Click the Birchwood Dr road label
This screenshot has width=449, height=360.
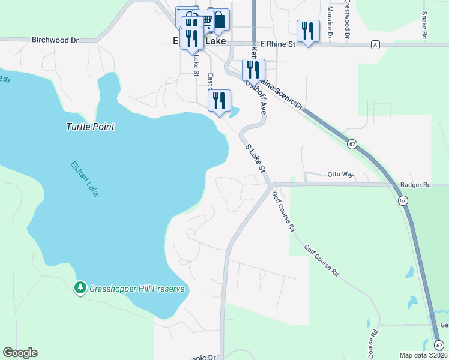click(x=55, y=40)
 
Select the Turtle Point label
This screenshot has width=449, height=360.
click(x=90, y=127)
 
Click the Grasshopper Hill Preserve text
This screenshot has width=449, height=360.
click(x=136, y=289)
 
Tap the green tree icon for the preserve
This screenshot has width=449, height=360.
click(x=80, y=288)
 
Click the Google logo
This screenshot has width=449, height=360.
click(x=20, y=353)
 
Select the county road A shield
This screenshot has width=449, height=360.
click(x=375, y=44)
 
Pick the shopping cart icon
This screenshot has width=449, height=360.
click(x=205, y=19)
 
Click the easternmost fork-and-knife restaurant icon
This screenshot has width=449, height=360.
click(x=308, y=31)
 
